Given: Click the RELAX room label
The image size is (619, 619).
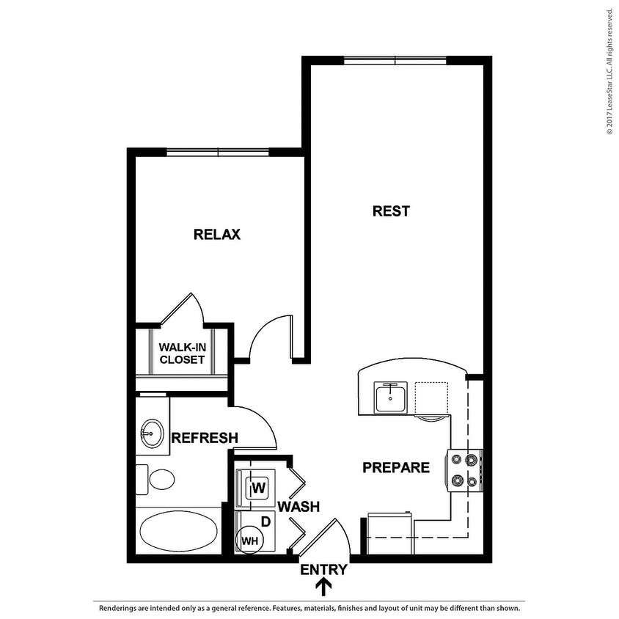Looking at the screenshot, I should tap(217, 235).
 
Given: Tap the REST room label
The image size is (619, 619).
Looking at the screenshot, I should tap(391, 211).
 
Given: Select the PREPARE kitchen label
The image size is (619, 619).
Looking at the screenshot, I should tap(396, 467).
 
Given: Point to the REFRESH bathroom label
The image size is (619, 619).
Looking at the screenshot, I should tap(205, 438).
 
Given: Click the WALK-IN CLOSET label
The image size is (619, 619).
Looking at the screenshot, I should tap(182, 354).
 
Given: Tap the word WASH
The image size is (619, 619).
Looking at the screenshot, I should tap(298, 506).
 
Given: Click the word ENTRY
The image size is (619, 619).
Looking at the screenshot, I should tap(323, 569).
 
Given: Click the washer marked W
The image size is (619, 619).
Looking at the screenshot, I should tap(257, 487).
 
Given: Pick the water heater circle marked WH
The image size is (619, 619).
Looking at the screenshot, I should tap(250, 541).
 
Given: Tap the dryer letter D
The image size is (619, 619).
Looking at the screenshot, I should tap(266, 522).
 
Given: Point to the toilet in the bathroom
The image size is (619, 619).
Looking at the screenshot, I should tap(157, 480).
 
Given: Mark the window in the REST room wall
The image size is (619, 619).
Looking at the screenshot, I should tap(395, 60).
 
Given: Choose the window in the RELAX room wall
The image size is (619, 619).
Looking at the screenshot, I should tap(218, 153).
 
